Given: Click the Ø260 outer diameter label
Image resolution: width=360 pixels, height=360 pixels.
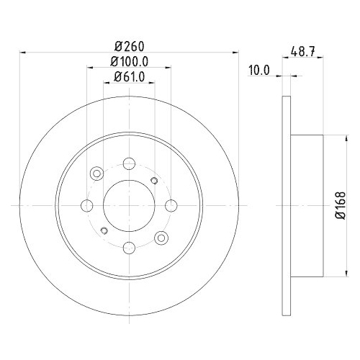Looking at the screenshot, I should tap(129, 45).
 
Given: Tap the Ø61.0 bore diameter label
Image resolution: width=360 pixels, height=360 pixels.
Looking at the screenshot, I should tap(129, 78).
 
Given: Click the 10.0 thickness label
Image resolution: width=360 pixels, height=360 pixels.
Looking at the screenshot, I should tap(258, 70).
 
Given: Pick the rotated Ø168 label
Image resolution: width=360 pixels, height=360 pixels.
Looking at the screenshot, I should tap(341, 206).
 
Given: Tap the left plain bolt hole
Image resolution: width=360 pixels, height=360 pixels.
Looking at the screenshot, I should tap(86, 206).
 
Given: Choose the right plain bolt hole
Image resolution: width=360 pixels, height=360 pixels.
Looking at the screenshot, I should tap(171, 206).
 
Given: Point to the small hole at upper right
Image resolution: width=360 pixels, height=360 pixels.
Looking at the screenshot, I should tap(154, 181).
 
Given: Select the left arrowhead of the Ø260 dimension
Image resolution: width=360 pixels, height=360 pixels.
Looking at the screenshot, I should tap(23, 52).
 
